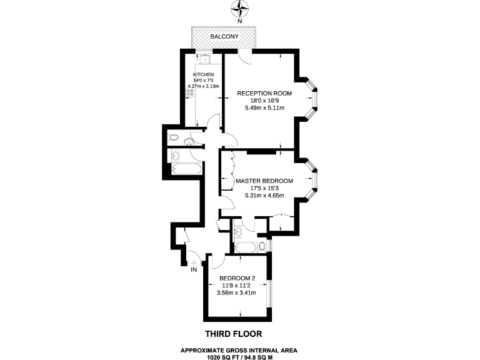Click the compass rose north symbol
coord(239,9)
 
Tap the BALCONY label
coord(223,37)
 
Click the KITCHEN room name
coord(203,74)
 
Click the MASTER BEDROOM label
coord(264,181)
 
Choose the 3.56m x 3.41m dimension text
coord(236,292)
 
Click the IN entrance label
coord(194,270)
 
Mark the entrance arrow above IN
coord(194,262)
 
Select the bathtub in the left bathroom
coord(186,170)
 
